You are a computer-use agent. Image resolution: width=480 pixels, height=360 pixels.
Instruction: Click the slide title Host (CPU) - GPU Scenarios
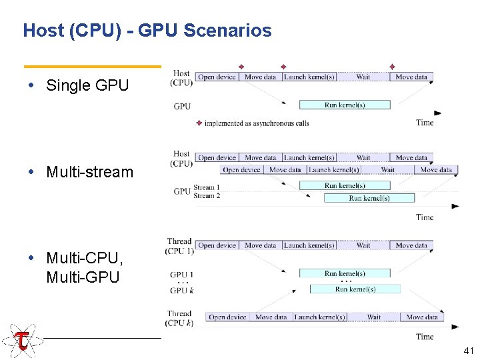click(147, 31)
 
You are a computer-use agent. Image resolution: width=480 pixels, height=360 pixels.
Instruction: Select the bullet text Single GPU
click(87, 85)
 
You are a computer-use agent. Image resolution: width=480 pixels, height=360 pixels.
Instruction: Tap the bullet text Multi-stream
click(89, 172)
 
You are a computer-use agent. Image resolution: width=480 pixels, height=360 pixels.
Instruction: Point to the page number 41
click(467, 350)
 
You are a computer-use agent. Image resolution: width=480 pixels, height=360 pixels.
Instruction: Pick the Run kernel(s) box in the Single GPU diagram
click(345, 105)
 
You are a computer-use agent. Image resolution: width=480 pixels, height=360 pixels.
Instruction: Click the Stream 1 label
click(207, 187)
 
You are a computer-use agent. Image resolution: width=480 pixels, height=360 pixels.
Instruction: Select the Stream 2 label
click(207, 196)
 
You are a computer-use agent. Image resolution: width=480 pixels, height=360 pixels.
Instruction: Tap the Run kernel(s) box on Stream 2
click(369, 198)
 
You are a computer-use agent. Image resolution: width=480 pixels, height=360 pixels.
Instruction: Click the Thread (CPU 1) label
click(179, 246)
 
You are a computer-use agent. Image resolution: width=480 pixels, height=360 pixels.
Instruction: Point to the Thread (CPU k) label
click(179, 318)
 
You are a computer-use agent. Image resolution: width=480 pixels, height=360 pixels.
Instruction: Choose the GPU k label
click(182, 291)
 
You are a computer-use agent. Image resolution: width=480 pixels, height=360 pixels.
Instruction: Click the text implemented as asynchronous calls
click(256, 123)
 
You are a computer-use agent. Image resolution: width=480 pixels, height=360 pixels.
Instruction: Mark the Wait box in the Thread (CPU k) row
click(374, 317)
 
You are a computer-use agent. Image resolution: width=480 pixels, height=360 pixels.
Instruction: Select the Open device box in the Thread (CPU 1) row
click(217, 245)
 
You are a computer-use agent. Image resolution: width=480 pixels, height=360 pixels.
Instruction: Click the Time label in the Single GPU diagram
click(425, 123)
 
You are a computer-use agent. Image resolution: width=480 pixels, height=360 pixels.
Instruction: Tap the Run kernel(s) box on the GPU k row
click(355, 289)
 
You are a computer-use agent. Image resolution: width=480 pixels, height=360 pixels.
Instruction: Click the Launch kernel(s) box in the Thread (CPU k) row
click(320, 317)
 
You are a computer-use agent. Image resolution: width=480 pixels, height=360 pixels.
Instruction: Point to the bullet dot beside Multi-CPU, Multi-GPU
click(39, 258)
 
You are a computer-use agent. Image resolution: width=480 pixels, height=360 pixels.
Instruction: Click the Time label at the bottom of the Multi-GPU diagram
click(425, 337)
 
